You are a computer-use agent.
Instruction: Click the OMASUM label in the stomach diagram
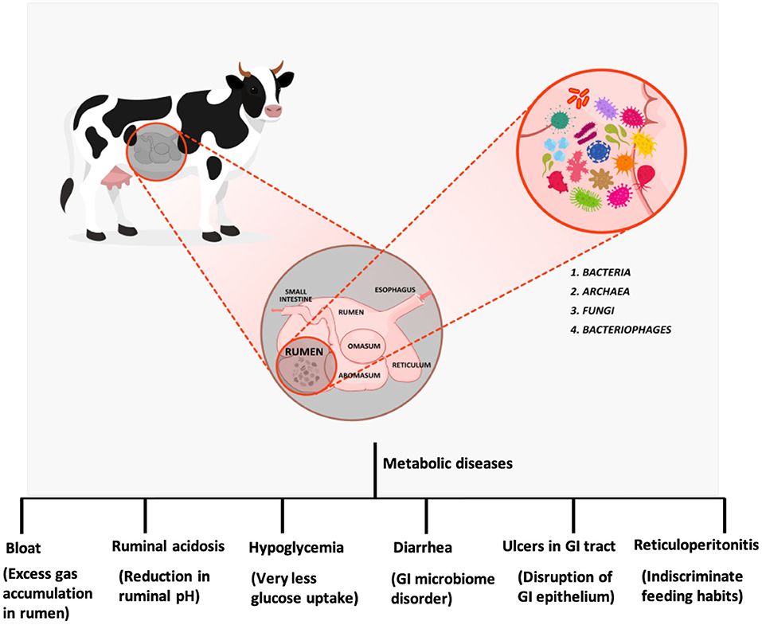[365, 346]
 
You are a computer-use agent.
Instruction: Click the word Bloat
[23, 548]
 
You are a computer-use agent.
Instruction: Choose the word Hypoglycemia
[296, 548]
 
